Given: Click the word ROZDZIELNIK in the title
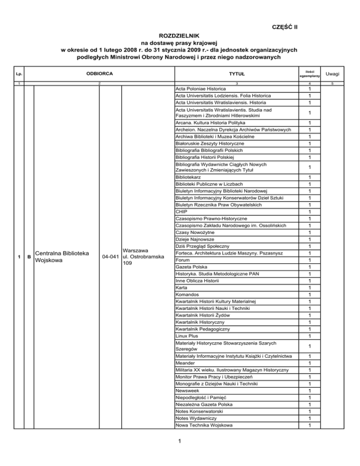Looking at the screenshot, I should pos(180,36).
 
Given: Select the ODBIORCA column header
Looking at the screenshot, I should pos(99,74).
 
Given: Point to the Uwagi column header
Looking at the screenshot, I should pos(334,74).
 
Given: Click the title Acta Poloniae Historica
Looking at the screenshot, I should pos(200,89).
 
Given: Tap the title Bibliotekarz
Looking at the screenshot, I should pos(189,178).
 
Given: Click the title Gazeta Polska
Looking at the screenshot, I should pos(193,266).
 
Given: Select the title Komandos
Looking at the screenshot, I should pos(188,293).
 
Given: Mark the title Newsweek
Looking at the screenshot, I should pos(188,391).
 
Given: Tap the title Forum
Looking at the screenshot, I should pos(183,259).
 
